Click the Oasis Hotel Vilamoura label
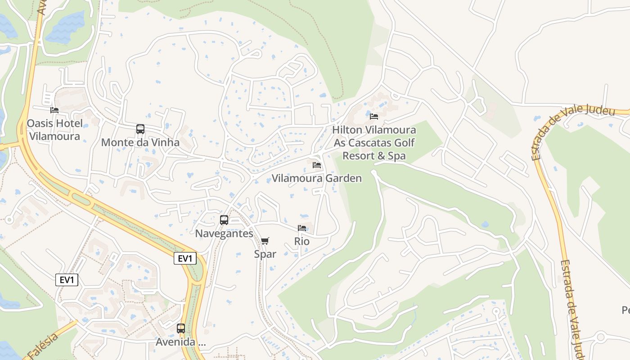(54, 130)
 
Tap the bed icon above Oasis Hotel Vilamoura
(54, 110)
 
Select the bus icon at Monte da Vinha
(140, 129)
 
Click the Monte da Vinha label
(140, 143)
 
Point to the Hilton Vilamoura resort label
(374, 143)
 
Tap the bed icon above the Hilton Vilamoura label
(374, 117)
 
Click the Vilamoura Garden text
(316, 178)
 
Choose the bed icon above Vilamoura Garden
(317, 165)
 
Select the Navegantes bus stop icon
(224, 220)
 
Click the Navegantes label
(224, 234)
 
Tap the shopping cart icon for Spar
(265, 241)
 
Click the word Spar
(265, 254)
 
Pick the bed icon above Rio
(302, 228)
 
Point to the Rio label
(302, 241)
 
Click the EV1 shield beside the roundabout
(185, 258)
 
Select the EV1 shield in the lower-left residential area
(67, 280)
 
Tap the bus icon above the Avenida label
(181, 328)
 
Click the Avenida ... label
(181, 342)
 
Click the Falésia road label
(43, 347)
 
